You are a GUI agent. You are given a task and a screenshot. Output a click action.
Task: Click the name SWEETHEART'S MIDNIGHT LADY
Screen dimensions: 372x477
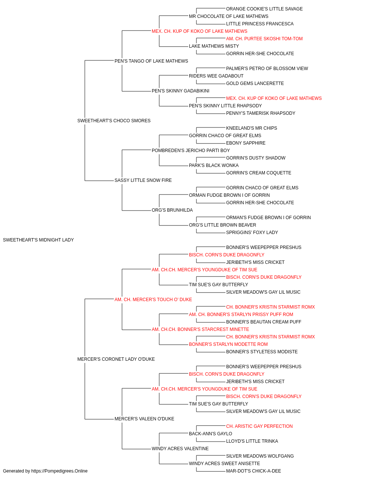pos(38,240)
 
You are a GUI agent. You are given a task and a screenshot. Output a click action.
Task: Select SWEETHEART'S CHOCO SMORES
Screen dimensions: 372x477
pos(114,121)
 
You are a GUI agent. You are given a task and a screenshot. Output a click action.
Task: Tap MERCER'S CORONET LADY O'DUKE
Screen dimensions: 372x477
pos(116,359)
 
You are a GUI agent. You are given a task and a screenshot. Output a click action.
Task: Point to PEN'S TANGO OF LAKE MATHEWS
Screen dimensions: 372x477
pos(151,61)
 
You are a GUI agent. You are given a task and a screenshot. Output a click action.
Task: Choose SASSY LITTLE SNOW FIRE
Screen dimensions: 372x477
pos(143,180)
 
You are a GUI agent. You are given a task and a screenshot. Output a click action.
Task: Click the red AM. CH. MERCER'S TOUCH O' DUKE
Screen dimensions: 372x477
pos(153,300)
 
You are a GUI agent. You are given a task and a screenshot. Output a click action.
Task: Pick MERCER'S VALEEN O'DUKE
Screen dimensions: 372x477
pos(144,419)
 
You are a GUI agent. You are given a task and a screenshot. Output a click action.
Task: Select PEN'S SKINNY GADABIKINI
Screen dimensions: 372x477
pos(180,91)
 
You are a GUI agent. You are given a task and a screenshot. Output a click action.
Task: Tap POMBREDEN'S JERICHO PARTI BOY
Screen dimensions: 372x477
pos(191,151)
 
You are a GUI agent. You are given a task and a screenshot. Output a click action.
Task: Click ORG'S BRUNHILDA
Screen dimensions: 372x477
pos(172,210)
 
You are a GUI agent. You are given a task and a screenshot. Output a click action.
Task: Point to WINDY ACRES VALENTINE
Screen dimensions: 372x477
pos(180,449)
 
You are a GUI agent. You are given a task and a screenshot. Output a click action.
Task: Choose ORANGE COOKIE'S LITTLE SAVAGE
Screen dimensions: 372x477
pos(264,9)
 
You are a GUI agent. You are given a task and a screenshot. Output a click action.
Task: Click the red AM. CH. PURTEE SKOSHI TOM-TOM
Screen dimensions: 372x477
pos(264,39)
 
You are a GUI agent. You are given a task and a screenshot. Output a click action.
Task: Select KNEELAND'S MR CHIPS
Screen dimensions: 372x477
pos(251,128)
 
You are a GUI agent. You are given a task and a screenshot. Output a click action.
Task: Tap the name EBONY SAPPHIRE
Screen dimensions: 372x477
pos(246,143)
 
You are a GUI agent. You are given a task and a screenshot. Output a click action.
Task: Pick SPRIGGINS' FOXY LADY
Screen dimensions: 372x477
pos(252,233)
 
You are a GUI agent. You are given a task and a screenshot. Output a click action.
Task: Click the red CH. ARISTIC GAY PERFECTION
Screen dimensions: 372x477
pos(259,426)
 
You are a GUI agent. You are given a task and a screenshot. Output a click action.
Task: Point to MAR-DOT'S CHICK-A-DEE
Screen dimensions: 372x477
pos(253,471)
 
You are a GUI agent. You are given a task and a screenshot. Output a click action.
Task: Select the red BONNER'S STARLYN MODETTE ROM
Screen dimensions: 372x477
pos(228,344)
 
